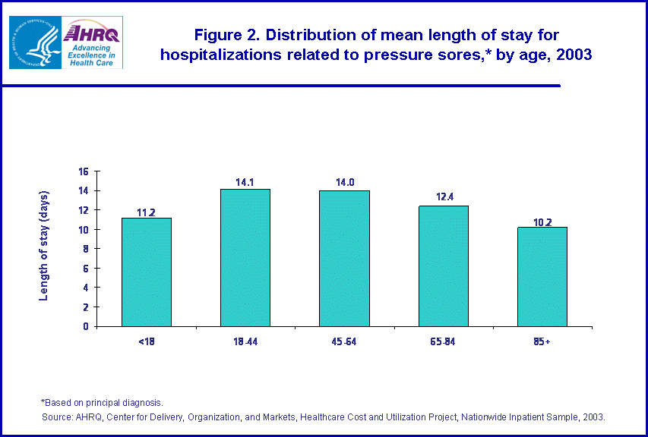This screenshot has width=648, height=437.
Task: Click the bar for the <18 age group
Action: coord(146,272)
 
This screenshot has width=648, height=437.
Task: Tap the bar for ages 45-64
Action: coord(344,259)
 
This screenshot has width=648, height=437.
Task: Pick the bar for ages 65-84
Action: coord(443,266)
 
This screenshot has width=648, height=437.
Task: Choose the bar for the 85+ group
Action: coord(542,277)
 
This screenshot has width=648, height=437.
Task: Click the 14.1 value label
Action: coord(245,182)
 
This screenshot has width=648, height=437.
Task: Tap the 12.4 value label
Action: coord(443,199)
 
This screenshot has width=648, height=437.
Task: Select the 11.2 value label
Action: coord(146,211)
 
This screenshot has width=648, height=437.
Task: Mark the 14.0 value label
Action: coord(344,183)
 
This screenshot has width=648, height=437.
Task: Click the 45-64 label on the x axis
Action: coord(344,342)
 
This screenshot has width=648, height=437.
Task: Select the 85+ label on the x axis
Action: coord(542,342)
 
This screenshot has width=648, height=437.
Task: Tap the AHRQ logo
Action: coord(93,42)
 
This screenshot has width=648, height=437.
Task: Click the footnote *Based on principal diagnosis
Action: coord(102,402)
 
